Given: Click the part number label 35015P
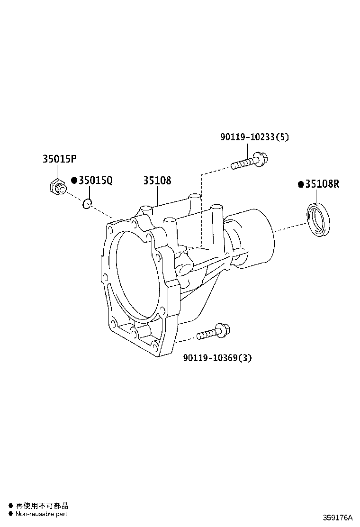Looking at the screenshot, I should tap(59, 159).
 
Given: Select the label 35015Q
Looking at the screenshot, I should tap(95, 181).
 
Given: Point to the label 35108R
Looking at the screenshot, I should tap(322, 184).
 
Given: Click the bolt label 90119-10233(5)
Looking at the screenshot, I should tap(254, 137).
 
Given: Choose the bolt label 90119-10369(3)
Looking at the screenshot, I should tap(217, 358).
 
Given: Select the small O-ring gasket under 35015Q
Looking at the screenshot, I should tap(86, 204).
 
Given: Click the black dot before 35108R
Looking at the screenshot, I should tap(300, 184).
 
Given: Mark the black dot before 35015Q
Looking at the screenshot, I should tap(74, 181).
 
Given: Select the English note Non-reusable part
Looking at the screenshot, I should tap(41, 514).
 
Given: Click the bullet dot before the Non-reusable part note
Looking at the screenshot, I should tap(10, 514).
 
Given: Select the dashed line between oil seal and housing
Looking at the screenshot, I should tap(290, 227).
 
